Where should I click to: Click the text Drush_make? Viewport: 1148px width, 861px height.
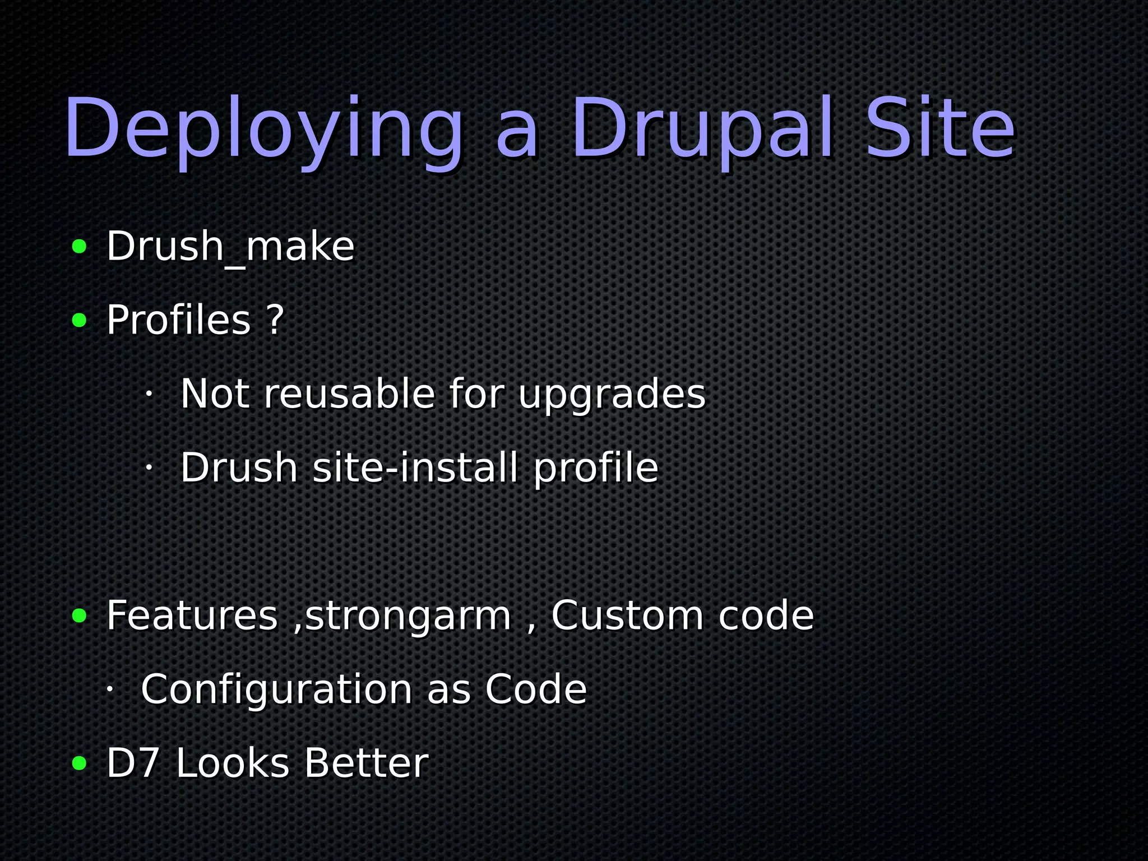(230, 247)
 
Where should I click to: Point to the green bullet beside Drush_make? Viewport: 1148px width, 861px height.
(80, 247)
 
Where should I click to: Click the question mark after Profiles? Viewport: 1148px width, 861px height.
(275, 320)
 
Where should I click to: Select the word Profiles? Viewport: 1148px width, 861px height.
(178, 320)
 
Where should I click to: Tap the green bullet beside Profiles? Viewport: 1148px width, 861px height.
(80, 321)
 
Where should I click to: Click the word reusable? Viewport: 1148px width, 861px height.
(349, 394)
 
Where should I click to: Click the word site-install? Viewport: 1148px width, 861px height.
(415, 467)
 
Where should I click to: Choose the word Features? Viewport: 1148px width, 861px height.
(192, 615)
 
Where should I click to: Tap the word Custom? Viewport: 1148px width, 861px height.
(627, 615)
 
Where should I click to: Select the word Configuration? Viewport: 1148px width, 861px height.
(277, 689)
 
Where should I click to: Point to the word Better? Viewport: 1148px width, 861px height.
(367, 763)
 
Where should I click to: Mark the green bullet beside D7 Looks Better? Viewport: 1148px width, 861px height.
(80, 763)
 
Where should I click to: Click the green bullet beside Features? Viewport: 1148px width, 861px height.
(80, 616)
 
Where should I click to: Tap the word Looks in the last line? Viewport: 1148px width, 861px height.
(233, 763)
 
